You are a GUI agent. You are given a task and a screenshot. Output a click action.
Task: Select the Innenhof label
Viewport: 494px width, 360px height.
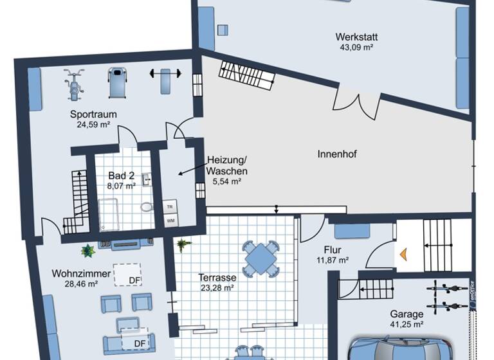click(336, 154)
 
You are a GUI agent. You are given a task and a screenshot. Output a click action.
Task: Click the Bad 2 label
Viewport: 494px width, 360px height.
click(121, 175)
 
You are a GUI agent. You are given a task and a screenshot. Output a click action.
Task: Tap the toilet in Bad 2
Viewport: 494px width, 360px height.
click(147, 207)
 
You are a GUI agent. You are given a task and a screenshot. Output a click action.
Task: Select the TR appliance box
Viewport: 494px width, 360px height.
click(170, 207)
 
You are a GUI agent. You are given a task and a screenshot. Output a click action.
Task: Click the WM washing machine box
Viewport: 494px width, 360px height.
click(170, 221)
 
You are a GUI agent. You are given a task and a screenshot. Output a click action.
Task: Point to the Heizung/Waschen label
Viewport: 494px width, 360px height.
click(226, 166)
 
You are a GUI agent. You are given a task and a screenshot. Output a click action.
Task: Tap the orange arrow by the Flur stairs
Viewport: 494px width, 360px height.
click(404, 253)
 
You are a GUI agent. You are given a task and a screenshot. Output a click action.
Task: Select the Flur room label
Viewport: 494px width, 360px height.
click(333, 250)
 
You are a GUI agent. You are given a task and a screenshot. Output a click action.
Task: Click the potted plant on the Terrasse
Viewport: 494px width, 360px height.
click(183, 245)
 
